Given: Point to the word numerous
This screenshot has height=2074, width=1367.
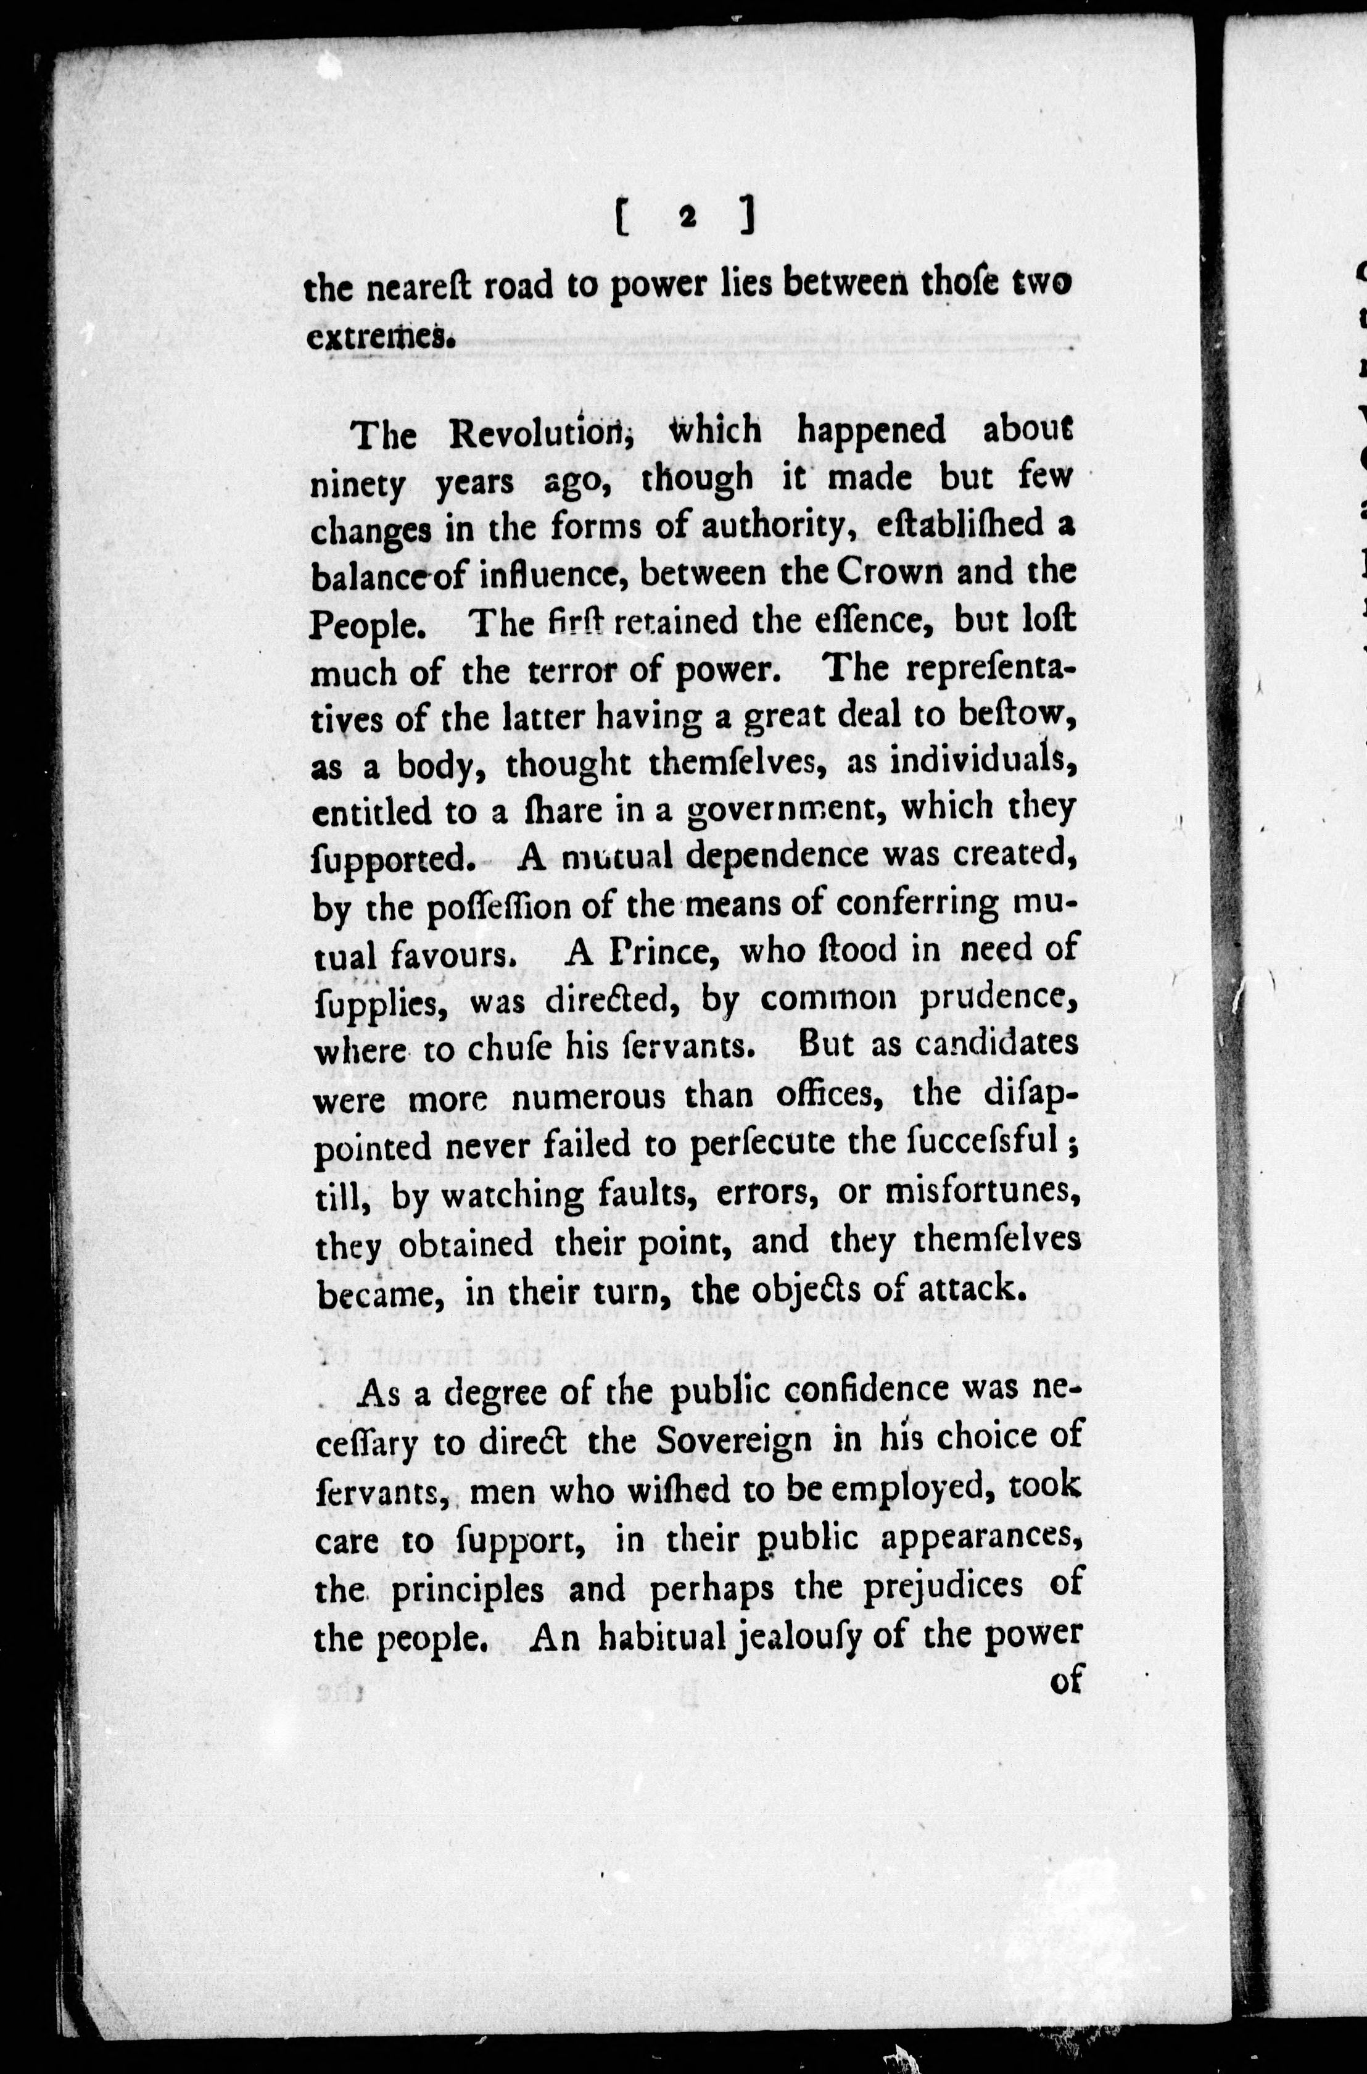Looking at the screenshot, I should click(589, 1094).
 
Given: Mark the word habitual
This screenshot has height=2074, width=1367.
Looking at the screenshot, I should click(663, 1636).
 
